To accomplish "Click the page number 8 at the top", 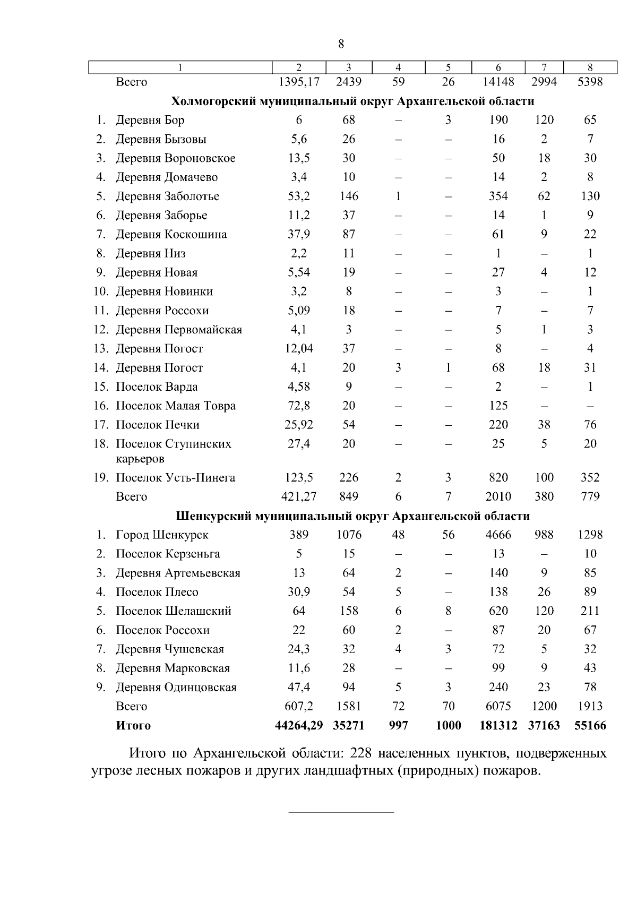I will [341, 44].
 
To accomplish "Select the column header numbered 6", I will [498, 67].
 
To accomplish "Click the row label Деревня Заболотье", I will [167, 196].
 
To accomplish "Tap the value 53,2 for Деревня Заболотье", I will [299, 196].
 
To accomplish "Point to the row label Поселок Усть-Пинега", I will [175, 478].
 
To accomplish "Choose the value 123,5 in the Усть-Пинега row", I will [299, 478].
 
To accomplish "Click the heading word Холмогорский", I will [212, 101].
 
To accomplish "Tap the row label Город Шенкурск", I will [162, 535].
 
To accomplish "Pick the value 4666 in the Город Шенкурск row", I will [498, 535].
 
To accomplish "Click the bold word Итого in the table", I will [133, 726].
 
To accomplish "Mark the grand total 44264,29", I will [299, 726].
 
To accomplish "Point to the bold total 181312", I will [498, 726].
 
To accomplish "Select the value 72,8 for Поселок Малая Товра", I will [299, 406].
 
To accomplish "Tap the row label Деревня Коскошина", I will [171, 235].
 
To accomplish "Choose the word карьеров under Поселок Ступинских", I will [140, 459].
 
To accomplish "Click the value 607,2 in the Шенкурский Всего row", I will [299, 707].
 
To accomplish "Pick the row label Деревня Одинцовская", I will [176, 688].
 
